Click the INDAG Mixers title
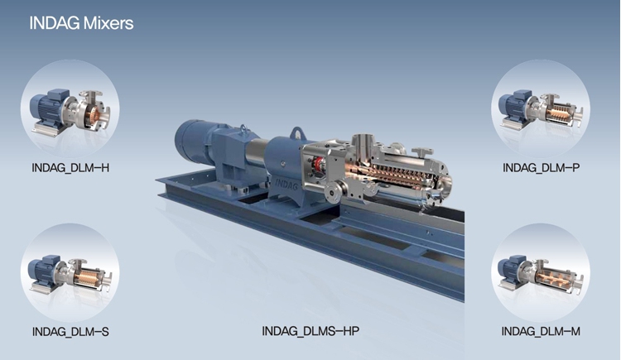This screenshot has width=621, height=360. pos(81,23)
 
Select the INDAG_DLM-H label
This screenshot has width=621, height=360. pos(70,168)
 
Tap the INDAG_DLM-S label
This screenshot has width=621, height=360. pos(70,332)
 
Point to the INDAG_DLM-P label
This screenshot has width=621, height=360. pos(541,168)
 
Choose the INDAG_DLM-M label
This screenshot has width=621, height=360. pos(541,331)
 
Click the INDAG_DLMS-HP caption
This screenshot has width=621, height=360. pos(310,331)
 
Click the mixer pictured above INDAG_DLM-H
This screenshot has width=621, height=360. pos(70,113)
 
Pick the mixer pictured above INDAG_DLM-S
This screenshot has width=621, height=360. pos(70,276)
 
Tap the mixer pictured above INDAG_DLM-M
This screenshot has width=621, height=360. pos(540,276)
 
